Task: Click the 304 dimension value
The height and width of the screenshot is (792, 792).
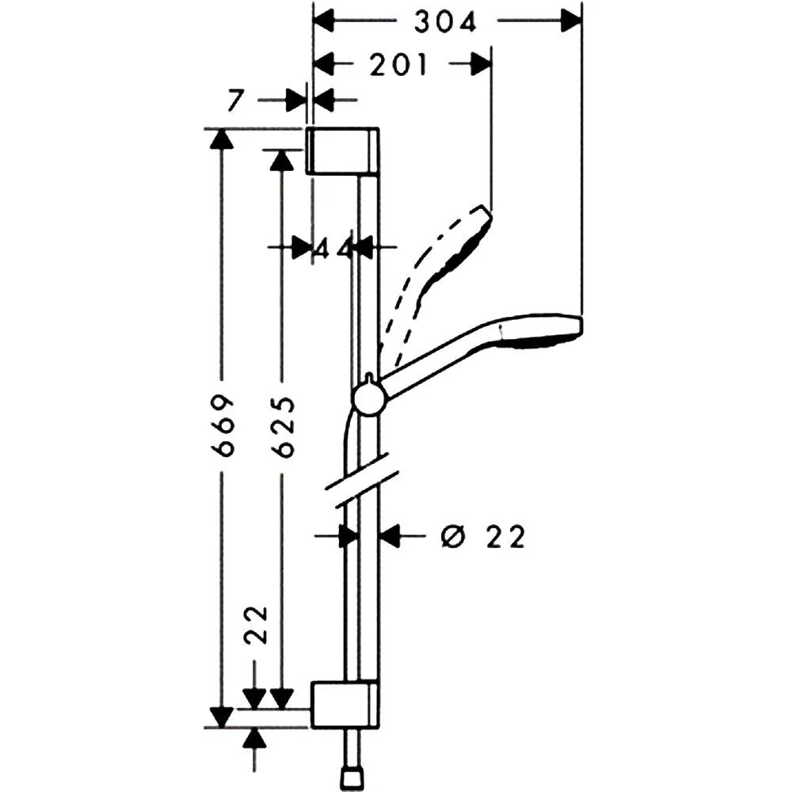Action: click(445, 22)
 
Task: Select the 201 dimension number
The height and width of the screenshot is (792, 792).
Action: click(398, 65)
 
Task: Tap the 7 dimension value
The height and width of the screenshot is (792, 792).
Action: click(235, 100)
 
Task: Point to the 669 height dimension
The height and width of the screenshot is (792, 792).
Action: click(223, 426)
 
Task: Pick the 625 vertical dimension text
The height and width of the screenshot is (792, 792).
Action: click(283, 427)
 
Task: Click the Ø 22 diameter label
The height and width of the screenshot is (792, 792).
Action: click(483, 537)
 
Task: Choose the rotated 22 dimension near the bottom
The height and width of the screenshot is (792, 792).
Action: click(255, 625)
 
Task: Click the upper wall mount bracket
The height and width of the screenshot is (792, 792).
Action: click(343, 151)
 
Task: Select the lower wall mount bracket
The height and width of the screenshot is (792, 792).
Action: click(345, 705)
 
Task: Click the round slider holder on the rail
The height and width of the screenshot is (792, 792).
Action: click(370, 399)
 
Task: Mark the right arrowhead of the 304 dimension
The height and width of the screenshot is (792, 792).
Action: click(571, 21)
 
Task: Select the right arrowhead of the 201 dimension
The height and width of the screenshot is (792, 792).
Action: click(481, 64)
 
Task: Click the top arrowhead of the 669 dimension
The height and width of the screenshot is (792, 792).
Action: click(221, 139)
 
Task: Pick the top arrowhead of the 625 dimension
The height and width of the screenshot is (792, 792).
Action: click(281, 160)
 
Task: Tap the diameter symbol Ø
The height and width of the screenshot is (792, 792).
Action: click(452, 537)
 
